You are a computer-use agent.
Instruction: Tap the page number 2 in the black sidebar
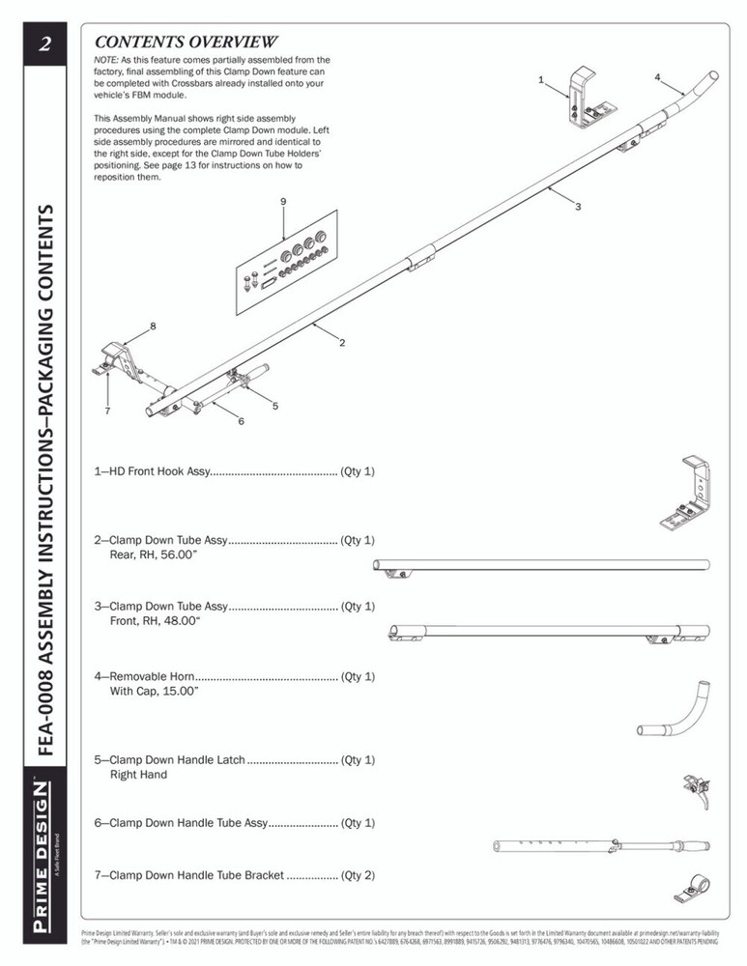point(43,44)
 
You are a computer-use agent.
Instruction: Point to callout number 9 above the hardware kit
point(283,200)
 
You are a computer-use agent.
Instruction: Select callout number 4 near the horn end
point(656,76)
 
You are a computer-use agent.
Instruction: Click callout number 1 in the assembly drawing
point(541,78)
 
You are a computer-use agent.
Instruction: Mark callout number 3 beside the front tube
point(577,207)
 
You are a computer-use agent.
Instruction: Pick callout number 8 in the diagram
point(152,327)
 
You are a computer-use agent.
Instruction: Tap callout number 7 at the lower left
point(107,411)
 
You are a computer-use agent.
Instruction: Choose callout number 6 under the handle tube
point(241,422)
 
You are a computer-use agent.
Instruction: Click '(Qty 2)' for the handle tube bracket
point(358,875)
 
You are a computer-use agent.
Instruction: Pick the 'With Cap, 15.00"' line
point(155,692)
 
